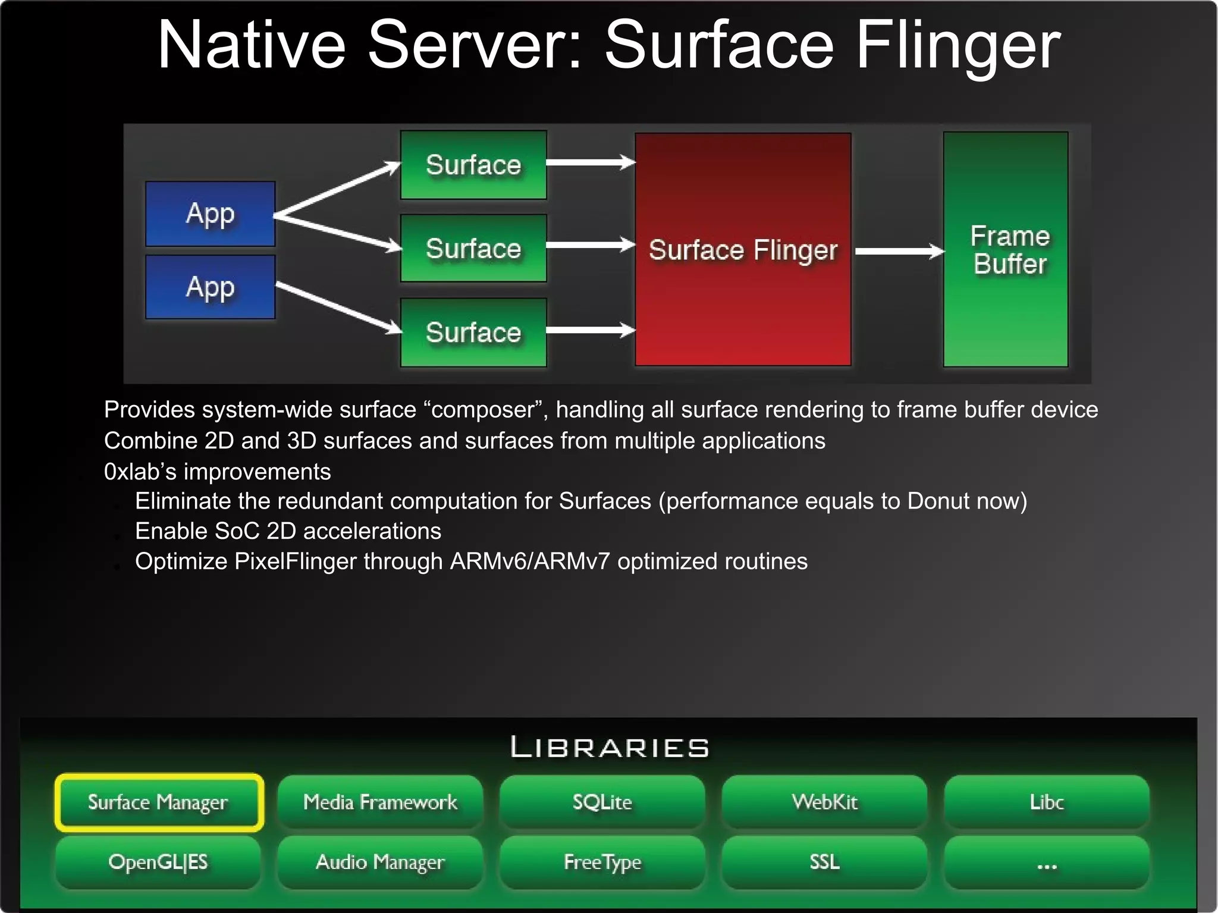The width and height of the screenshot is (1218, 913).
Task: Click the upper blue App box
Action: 211,214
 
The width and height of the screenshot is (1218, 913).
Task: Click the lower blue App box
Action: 211,287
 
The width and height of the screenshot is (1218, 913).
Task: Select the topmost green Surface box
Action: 473,165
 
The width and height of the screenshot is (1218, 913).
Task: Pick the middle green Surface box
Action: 473,248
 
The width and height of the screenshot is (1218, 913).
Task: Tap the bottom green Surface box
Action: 473,332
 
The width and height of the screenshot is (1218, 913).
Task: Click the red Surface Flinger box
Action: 743,249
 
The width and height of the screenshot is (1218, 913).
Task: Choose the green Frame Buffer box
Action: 1006,249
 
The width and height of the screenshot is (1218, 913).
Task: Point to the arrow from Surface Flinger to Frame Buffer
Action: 899,252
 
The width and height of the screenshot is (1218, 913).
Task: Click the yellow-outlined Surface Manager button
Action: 158,802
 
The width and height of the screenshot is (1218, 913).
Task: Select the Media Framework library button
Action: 380,802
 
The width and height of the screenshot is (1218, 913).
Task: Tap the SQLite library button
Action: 602,802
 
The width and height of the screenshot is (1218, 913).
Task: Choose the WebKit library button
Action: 824,802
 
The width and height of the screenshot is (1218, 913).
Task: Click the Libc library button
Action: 1047,802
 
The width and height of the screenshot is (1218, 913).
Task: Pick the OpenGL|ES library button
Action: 158,862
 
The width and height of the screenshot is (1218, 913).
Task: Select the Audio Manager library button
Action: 380,862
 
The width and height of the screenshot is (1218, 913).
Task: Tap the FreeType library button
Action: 602,862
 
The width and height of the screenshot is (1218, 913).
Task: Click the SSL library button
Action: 824,862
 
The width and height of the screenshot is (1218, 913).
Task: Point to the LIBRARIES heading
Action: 610,748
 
